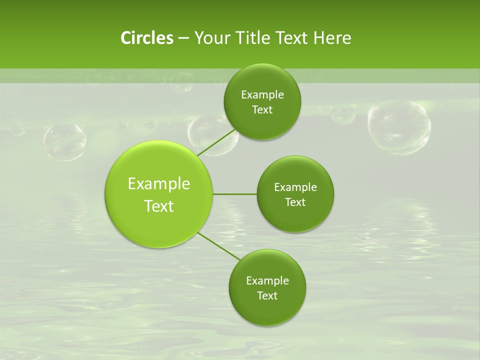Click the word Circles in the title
(146, 38)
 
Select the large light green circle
(159, 194)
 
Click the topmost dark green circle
(262, 101)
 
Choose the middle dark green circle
(295, 194)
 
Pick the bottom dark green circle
(267, 287)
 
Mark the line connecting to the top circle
(216, 142)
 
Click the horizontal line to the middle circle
(235, 194)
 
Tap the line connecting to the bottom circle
(218, 246)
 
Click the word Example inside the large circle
(159, 183)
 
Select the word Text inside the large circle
(159, 206)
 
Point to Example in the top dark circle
(262, 94)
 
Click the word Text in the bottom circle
(267, 295)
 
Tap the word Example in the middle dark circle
(295, 187)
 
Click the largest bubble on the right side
(398, 127)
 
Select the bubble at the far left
(64, 142)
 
